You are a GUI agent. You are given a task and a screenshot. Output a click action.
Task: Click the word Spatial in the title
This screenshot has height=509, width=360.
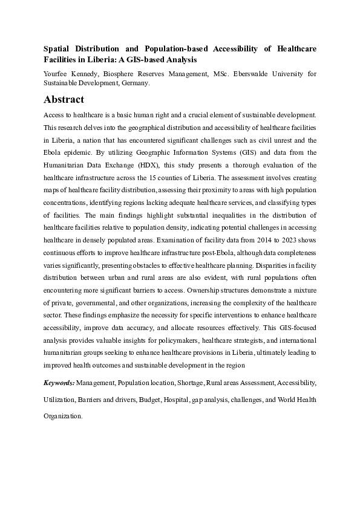58,48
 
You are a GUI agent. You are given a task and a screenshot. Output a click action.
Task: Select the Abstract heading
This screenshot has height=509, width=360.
64,100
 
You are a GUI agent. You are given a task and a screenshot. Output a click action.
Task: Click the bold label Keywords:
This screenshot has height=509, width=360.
59,383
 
